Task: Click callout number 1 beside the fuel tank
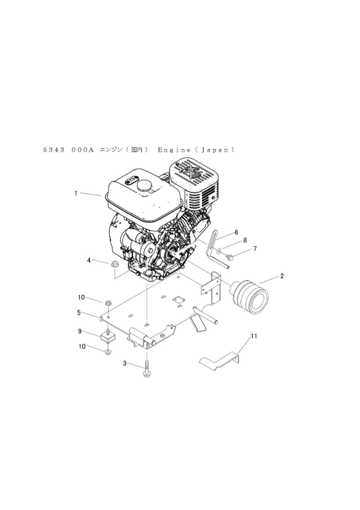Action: tap(76, 193)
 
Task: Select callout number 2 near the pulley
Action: tap(282, 276)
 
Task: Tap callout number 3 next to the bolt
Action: tap(125, 364)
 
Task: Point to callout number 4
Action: tap(89, 261)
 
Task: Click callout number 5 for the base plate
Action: tap(79, 313)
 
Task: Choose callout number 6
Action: tap(237, 233)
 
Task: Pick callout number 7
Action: tap(255, 249)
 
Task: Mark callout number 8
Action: tap(245, 240)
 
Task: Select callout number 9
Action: tap(80, 331)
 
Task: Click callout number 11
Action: tap(254, 336)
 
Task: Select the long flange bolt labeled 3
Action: tap(147, 369)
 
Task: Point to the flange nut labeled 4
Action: tap(114, 264)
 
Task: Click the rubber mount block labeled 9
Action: tap(108, 337)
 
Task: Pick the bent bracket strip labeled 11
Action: tap(220, 360)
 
